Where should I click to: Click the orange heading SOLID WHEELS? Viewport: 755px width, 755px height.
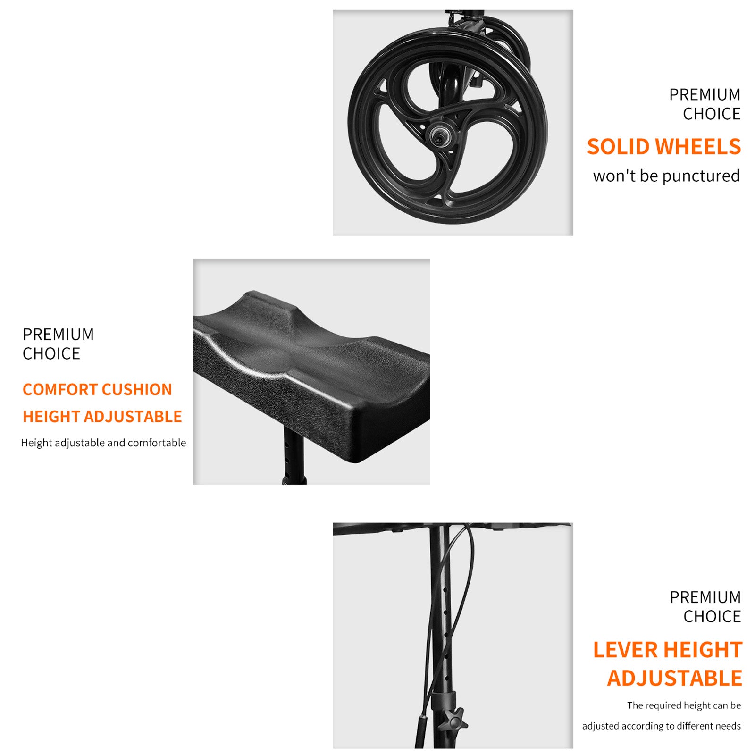(664, 147)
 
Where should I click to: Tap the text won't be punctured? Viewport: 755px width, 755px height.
(666, 176)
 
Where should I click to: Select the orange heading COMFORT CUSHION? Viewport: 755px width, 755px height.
(97, 390)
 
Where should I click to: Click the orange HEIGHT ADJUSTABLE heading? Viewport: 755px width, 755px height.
(102, 417)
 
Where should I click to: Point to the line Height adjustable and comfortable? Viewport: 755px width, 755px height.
(103, 443)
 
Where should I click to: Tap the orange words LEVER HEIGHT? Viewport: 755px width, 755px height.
(668, 650)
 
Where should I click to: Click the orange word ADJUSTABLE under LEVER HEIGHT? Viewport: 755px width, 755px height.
(675, 679)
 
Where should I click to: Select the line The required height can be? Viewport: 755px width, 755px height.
(684, 705)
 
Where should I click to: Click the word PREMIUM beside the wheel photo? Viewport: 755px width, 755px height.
(705, 95)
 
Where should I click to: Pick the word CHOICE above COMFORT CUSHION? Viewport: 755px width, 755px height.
(51, 354)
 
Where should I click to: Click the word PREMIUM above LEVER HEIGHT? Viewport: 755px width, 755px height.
(705, 597)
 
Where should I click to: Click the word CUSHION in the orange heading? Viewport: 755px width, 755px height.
(137, 390)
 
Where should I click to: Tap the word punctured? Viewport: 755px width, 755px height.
(701, 176)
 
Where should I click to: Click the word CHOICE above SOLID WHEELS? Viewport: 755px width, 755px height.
(712, 114)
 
